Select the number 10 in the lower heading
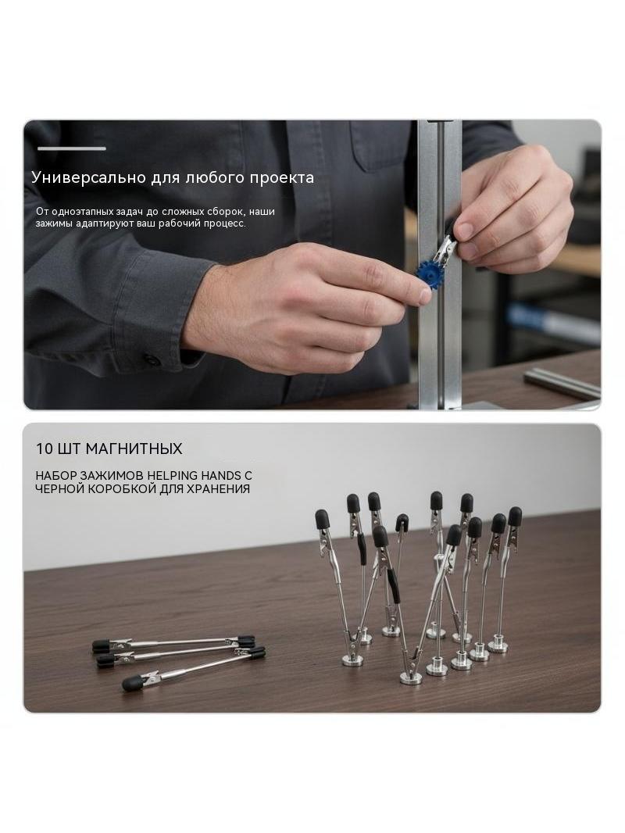click(45, 449)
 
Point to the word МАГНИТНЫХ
click(134, 449)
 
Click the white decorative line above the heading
click(72, 148)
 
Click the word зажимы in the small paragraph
click(54, 223)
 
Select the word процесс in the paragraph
click(226, 223)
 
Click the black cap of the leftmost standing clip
click(322, 518)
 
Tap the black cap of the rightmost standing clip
click(515, 516)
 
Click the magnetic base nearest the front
click(410, 677)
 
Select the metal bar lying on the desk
click(562, 382)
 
